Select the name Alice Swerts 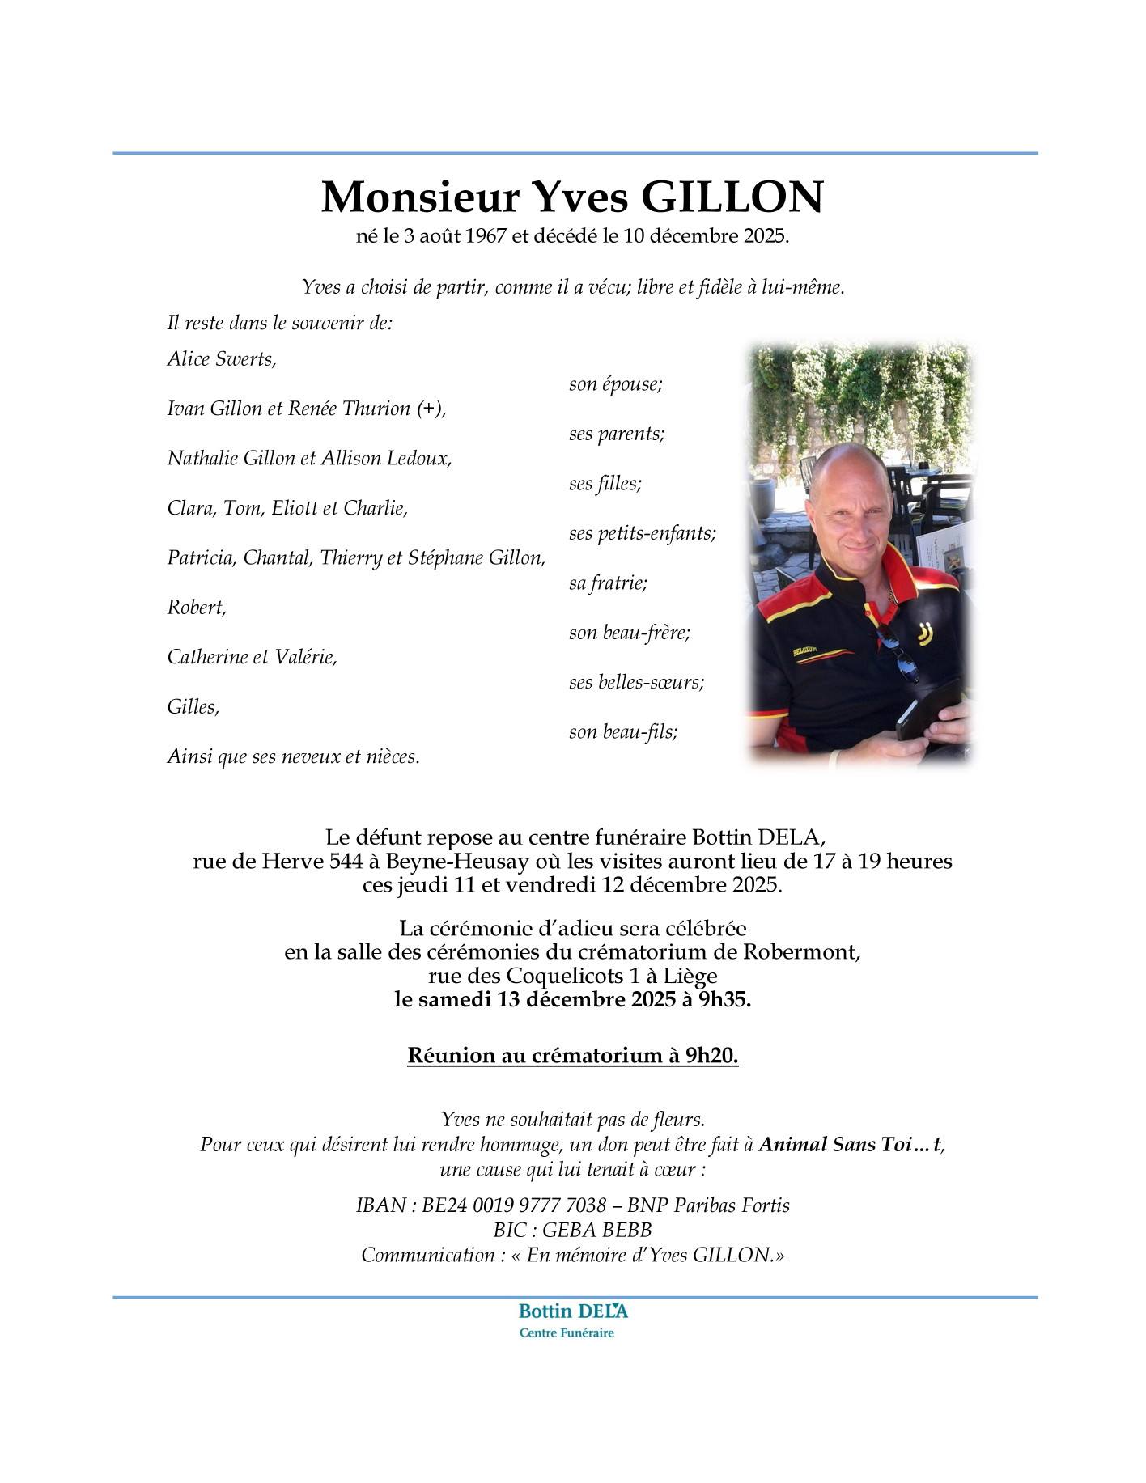pos(222,359)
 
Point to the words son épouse pos(615,384)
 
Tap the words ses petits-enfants pos(642,533)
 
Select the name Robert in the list pos(196,608)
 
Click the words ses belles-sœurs pos(636,682)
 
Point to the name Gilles pos(193,707)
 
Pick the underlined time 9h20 pos(711,1056)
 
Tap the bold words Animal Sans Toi pos(834,1145)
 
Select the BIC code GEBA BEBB pos(596,1231)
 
